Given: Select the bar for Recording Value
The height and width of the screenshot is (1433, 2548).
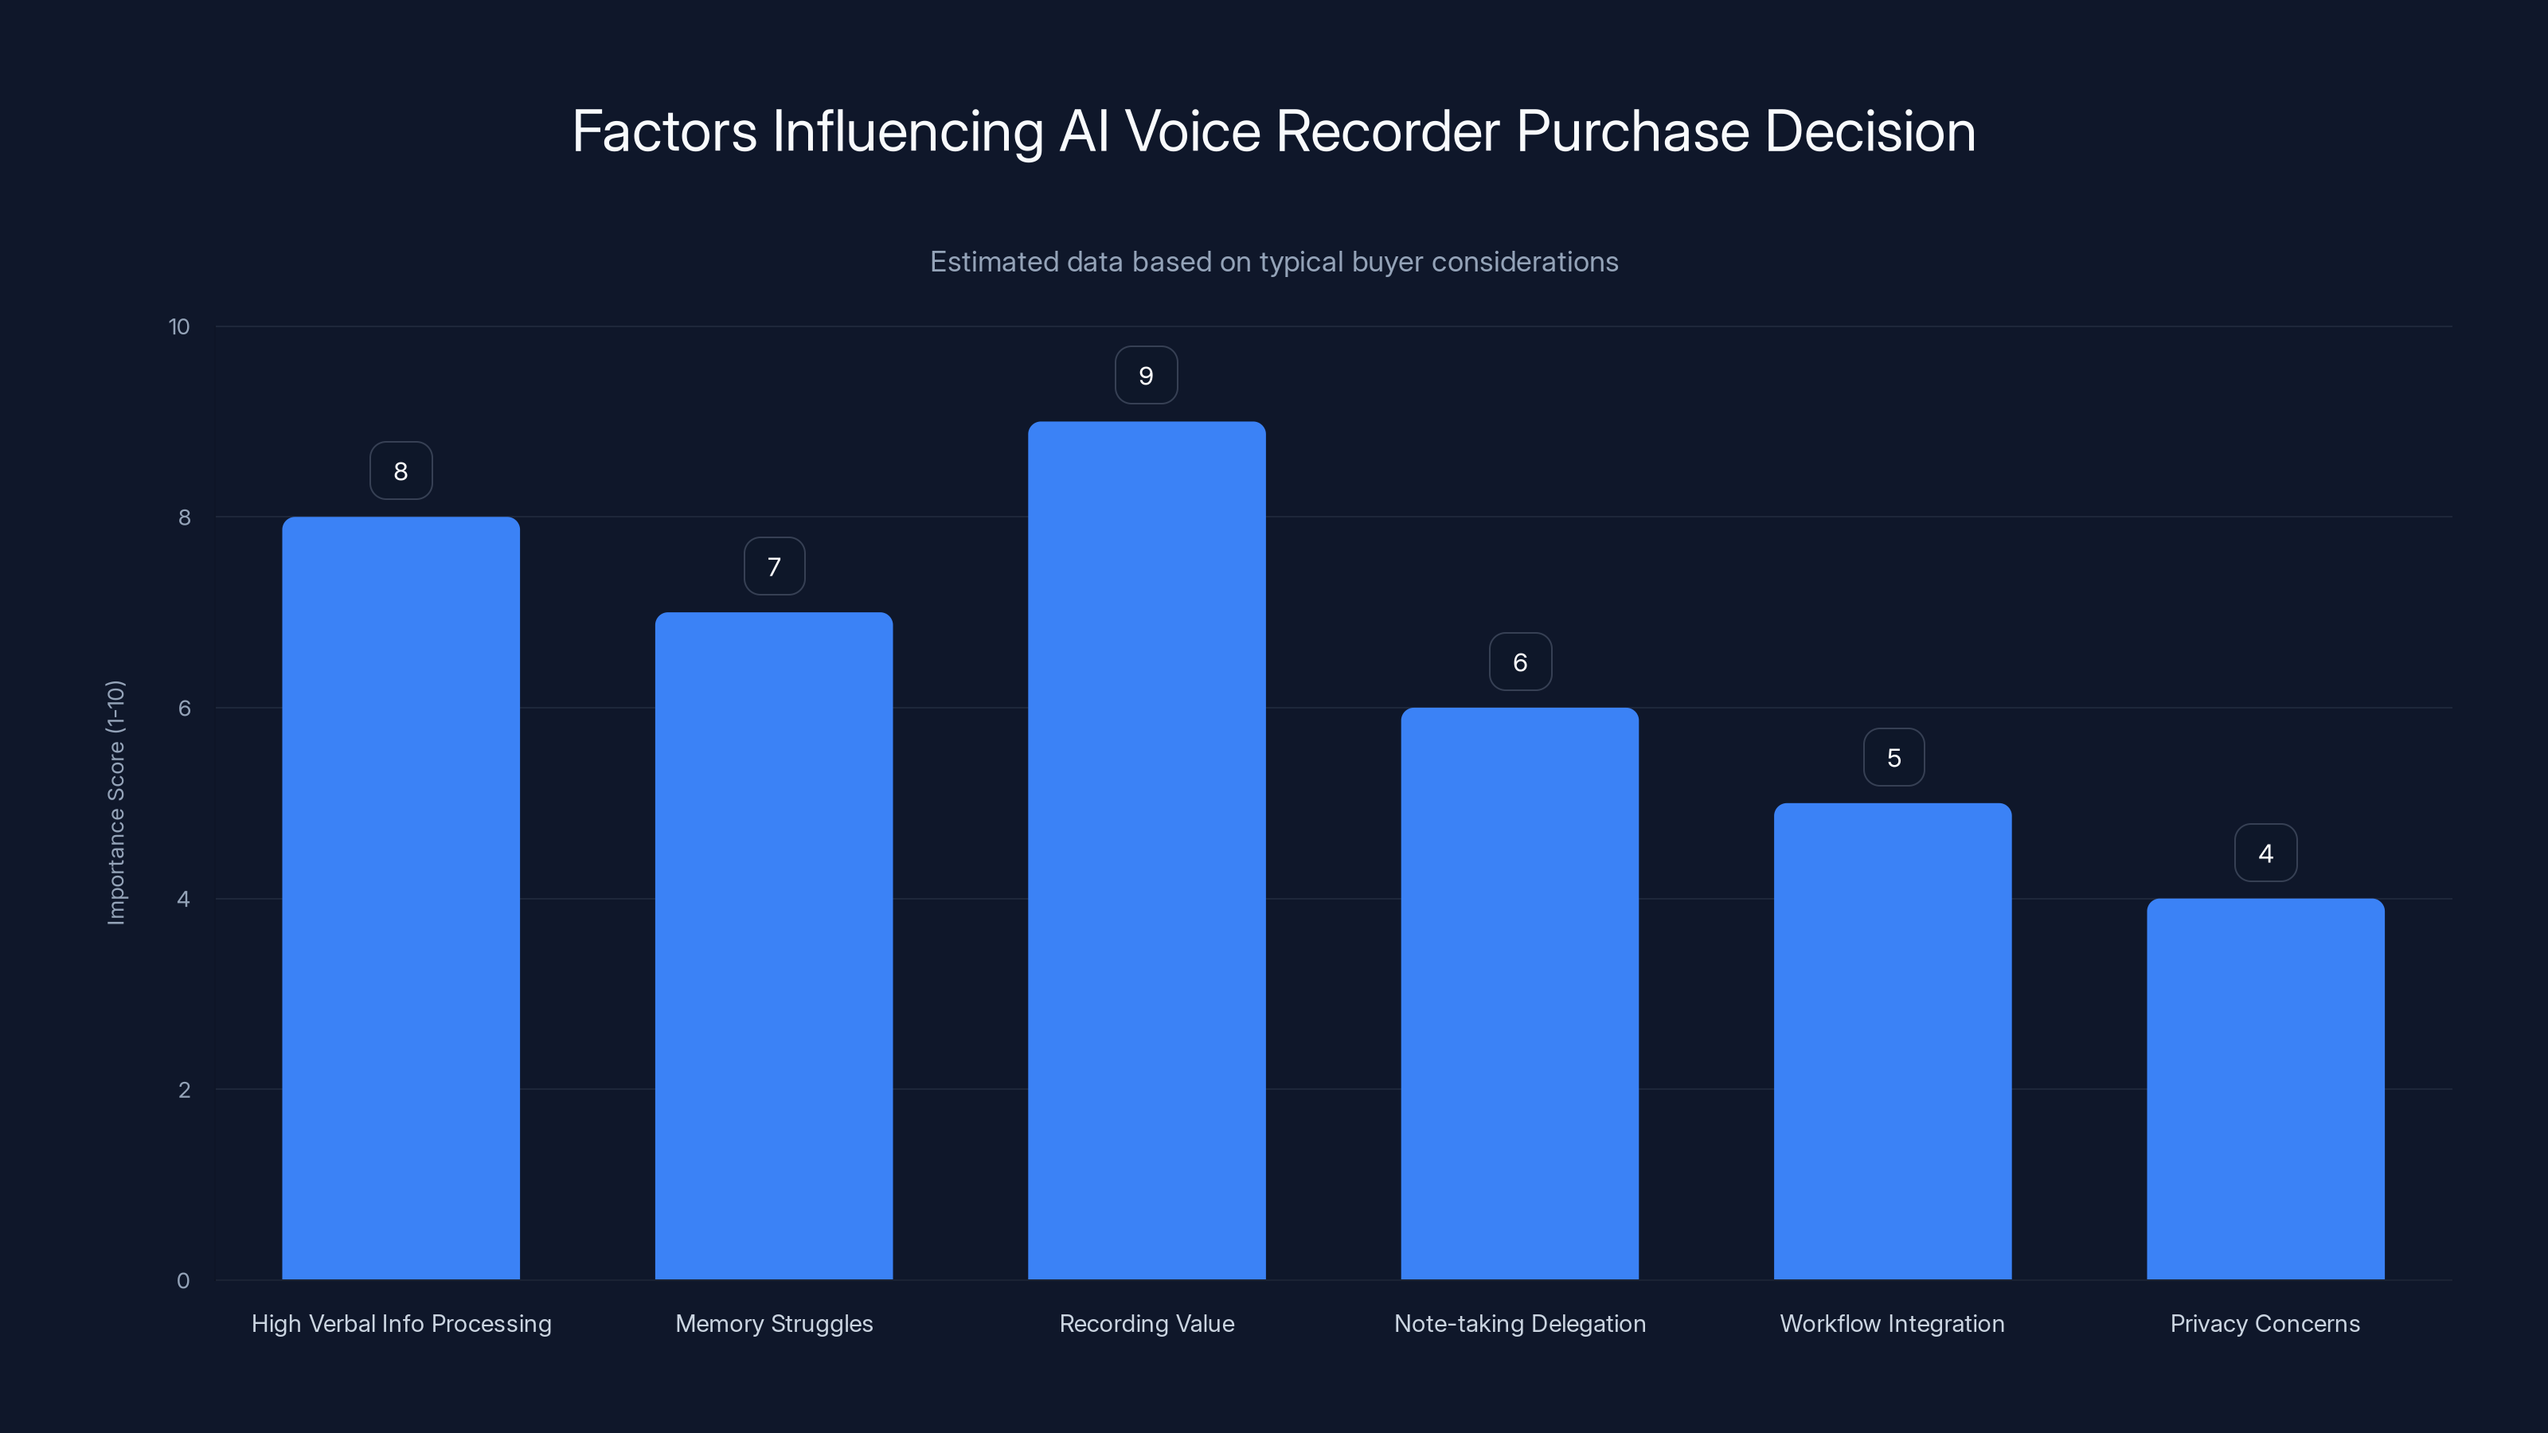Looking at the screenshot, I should coord(1147,850).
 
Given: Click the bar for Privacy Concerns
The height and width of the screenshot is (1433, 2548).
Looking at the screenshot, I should coord(2265,1087).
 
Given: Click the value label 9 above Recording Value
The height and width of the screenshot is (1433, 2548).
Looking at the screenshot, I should coord(1147,376).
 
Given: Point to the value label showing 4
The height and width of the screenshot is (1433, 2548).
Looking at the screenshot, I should coord(2265,853).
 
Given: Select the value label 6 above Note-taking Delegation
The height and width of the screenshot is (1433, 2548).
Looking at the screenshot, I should coord(1520,662).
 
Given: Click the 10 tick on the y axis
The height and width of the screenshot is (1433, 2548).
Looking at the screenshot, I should coord(179,327).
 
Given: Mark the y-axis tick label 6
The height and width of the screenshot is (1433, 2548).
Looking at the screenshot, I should coord(184,708).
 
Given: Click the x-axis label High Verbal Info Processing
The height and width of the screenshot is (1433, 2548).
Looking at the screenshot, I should coord(401,1324).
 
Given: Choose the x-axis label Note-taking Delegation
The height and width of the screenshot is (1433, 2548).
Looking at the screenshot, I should coord(1520,1324).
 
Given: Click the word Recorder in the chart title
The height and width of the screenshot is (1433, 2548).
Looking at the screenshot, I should coord(1388,131).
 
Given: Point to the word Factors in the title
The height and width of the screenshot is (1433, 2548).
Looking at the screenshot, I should coord(665,131).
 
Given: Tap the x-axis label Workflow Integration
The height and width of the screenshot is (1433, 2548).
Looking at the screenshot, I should coord(1892,1324).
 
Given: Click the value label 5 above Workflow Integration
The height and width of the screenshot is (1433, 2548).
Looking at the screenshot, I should coord(1893,759).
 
